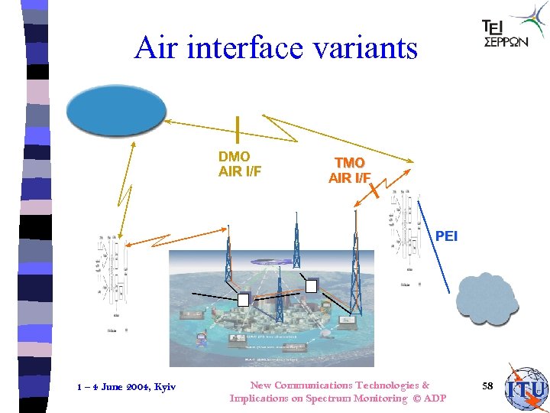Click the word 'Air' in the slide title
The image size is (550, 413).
pyautogui.click(x=157, y=47)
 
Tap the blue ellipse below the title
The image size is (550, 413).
pyautogui.click(x=116, y=112)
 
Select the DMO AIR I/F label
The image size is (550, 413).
pyautogui.click(x=240, y=164)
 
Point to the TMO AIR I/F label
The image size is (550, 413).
pyautogui.click(x=350, y=171)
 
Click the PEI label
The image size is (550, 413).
pyautogui.click(x=446, y=236)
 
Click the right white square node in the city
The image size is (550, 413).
pyautogui.click(x=311, y=285)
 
